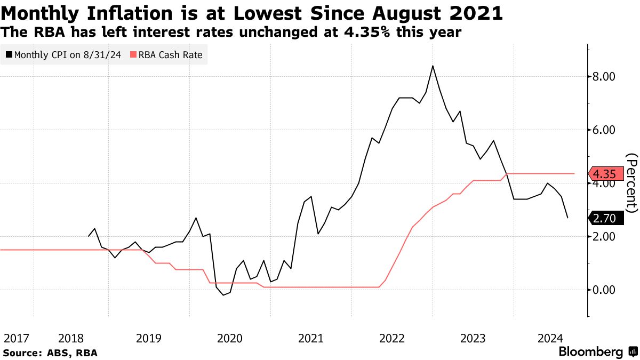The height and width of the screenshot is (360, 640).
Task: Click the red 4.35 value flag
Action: tap(605, 174)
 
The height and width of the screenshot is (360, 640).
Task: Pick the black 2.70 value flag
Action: tap(605, 218)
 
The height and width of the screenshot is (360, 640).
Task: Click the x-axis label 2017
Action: tap(16, 338)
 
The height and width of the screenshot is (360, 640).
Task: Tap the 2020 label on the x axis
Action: tap(230, 338)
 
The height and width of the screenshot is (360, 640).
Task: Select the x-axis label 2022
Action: tap(392, 338)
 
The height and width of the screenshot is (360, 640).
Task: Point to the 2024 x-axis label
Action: tap(550, 338)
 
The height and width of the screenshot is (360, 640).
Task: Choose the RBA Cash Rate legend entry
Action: tap(170, 54)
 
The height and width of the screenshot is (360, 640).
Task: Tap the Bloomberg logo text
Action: tap(590, 352)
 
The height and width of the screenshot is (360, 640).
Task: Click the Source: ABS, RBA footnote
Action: tap(50, 353)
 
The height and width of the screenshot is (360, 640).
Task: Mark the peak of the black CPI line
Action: tap(433, 66)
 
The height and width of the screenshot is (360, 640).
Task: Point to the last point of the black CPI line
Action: tap(567, 218)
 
